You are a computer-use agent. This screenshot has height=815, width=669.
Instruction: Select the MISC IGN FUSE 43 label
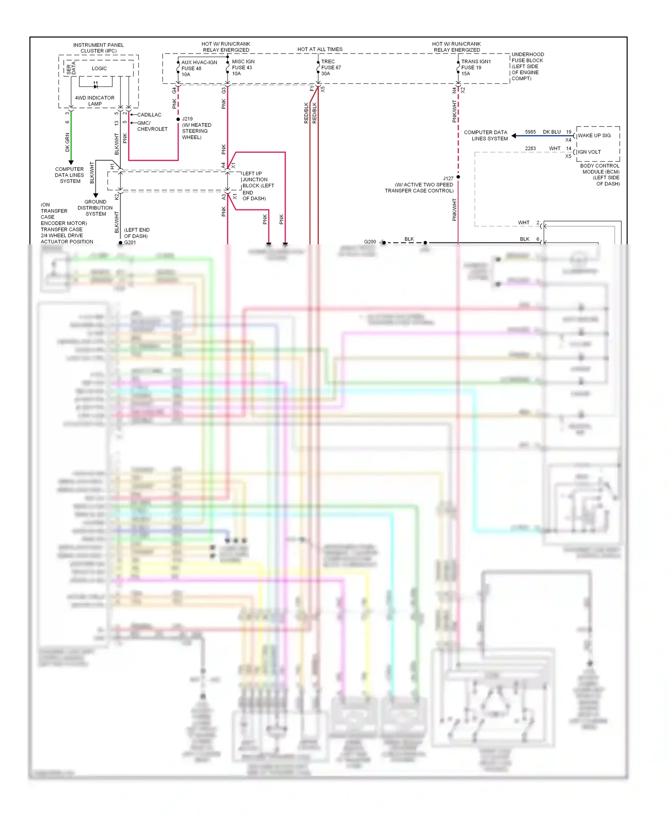click(243, 68)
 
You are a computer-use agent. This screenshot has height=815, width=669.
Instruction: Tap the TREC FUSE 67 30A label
click(330, 68)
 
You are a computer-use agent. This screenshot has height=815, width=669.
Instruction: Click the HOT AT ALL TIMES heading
click(320, 49)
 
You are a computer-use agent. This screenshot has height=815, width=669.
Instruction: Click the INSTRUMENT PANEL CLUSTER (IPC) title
click(99, 48)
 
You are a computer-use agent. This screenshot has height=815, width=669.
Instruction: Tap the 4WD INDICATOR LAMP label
click(95, 101)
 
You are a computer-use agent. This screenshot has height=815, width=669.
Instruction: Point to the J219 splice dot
click(178, 119)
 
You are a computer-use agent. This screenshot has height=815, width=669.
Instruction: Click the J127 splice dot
click(458, 177)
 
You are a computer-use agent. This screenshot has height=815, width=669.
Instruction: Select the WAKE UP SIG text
click(594, 136)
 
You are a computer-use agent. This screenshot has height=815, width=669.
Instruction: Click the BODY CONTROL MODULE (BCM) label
click(600, 174)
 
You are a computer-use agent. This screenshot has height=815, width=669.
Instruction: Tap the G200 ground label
click(370, 242)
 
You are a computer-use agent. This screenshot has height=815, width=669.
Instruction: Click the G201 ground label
click(130, 243)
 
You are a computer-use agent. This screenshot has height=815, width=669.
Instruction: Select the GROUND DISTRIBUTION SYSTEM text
click(95, 208)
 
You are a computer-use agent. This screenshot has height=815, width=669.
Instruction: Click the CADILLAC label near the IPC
click(149, 115)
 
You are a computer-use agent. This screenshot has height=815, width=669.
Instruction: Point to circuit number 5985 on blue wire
click(530, 132)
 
